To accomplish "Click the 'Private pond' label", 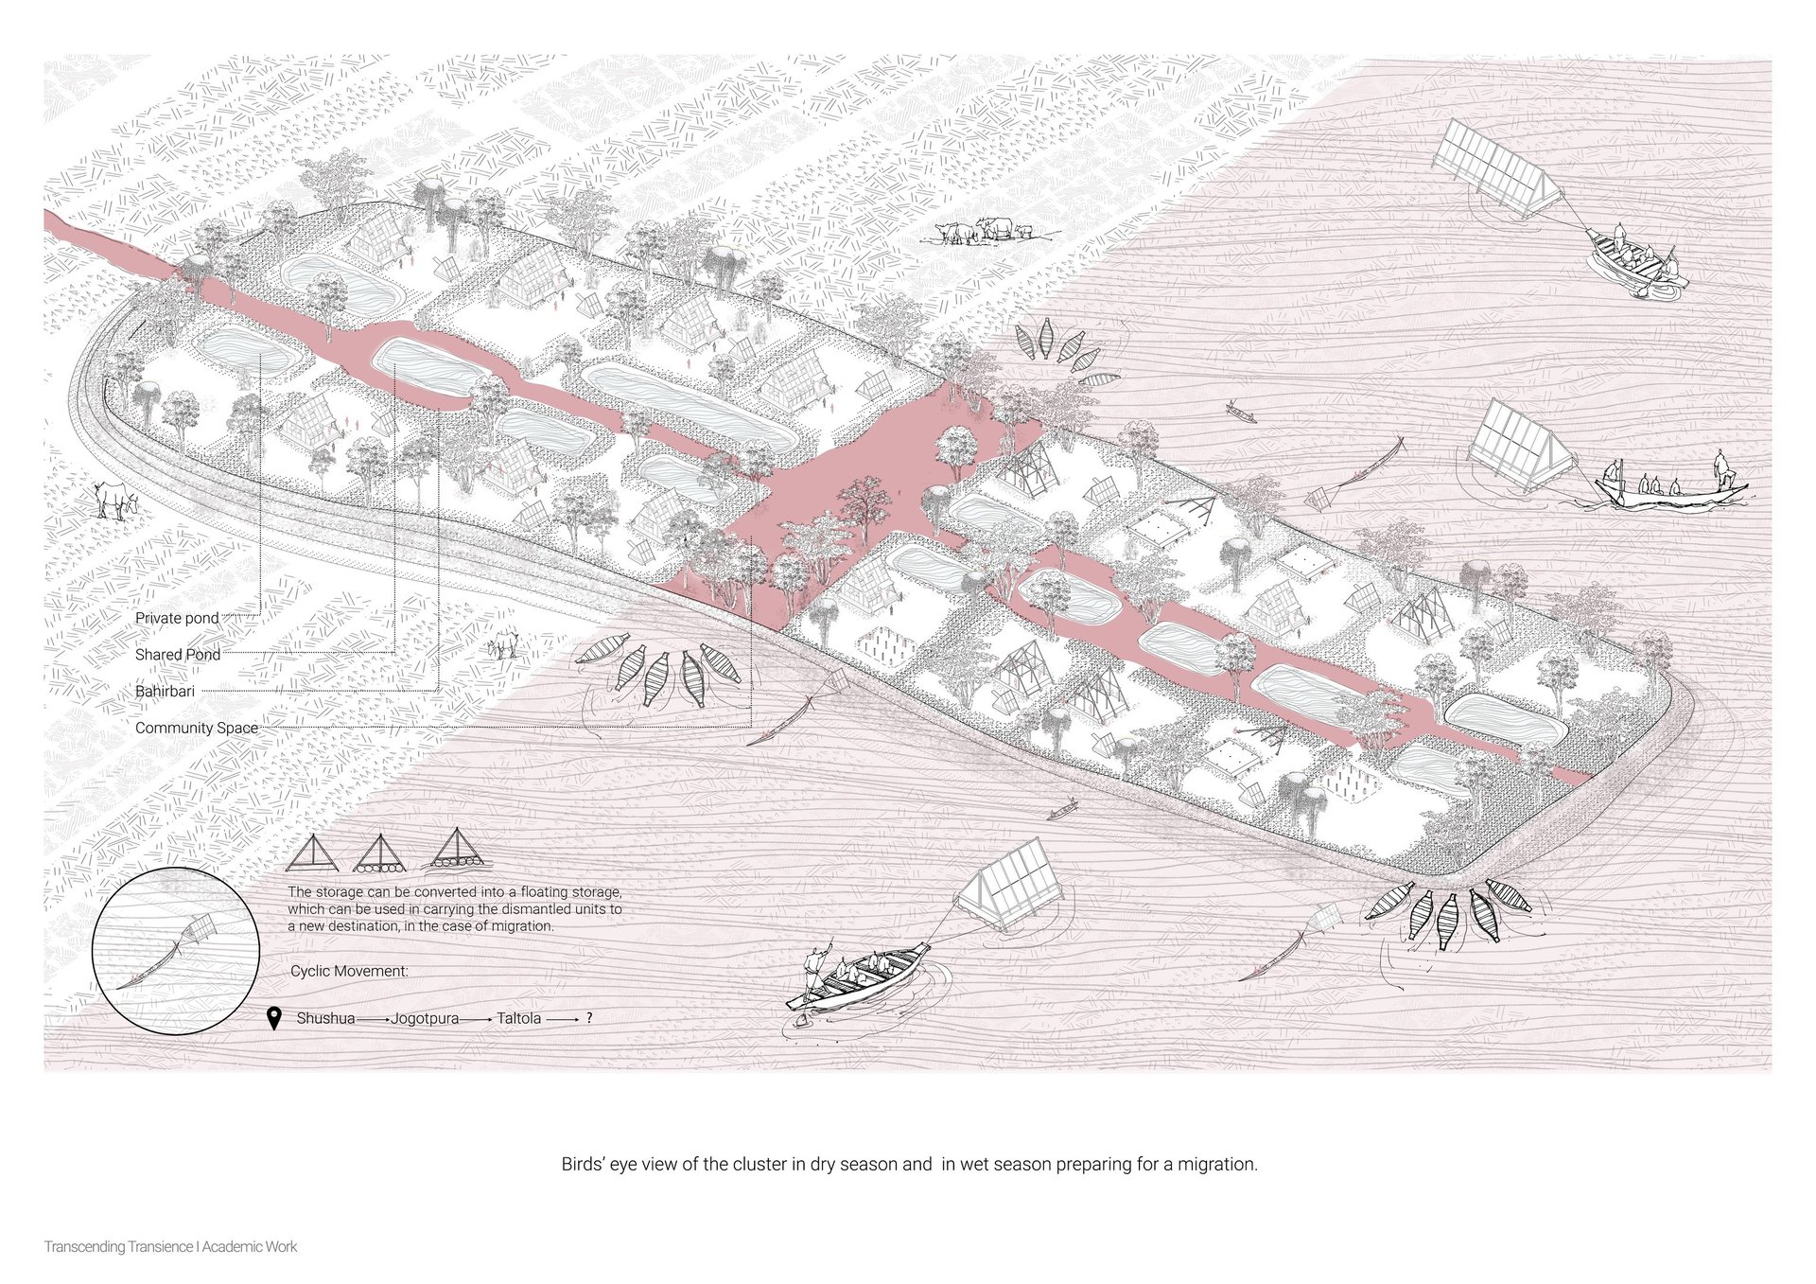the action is (177, 618).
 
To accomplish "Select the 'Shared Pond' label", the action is (178, 655).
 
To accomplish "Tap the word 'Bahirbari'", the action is (165, 692).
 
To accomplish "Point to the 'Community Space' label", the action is (197, 729).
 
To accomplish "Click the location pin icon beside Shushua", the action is (274, 1019).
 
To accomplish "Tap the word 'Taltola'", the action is (518, 1019).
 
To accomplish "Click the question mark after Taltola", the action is (589, 1019).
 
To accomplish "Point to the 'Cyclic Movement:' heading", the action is (349, 972).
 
